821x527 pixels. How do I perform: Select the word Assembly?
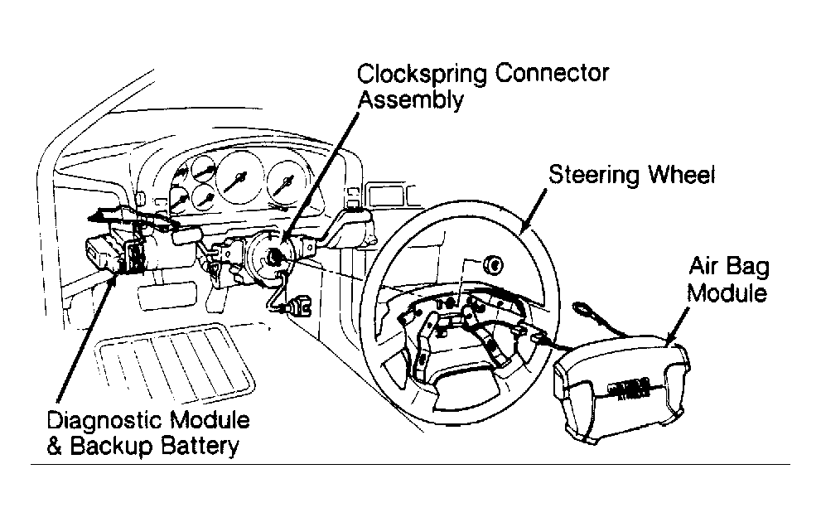[411, 99]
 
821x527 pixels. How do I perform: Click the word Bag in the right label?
[748, 267]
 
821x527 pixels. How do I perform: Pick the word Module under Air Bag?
[727, 293]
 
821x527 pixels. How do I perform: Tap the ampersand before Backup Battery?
[55, 447]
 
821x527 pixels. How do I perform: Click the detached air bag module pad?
[622, 389]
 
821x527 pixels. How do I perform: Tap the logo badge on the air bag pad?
[628, 391]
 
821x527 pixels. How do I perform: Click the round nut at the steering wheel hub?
[493, 265]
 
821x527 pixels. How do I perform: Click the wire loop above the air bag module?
[582, 308]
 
